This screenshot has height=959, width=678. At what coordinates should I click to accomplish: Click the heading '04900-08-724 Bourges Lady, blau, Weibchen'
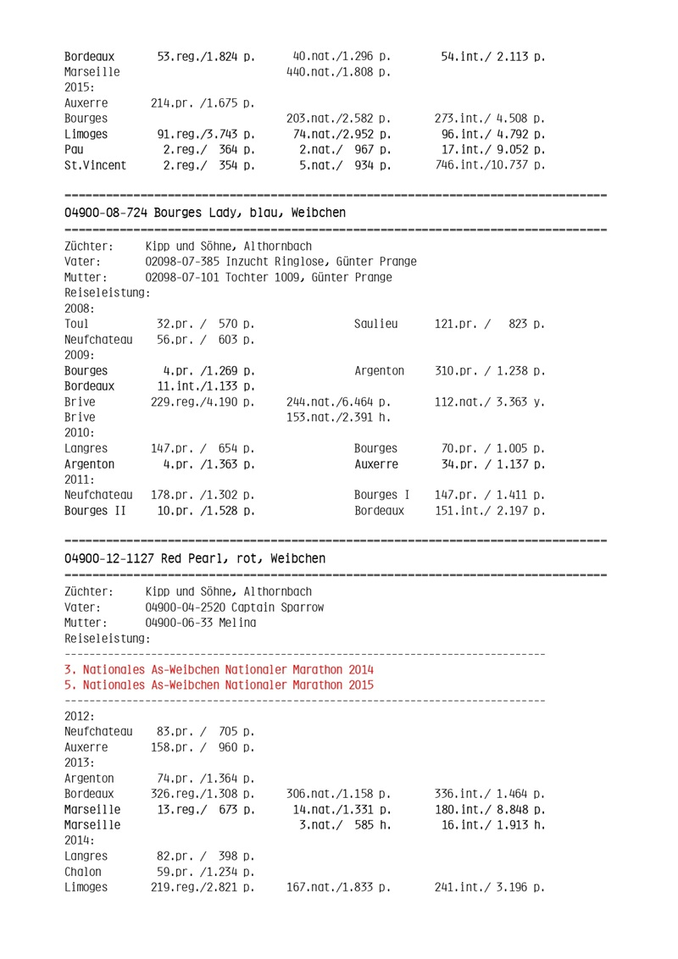[204, 213]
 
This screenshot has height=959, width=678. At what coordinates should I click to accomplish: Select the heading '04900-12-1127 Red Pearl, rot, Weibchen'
[194, 558]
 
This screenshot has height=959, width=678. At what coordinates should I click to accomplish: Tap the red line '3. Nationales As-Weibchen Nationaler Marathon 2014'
[218, 669]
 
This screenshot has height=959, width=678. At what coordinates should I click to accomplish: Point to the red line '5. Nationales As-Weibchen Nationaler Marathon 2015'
[218, 685]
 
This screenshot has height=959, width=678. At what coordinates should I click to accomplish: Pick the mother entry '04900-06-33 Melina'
[200, 623]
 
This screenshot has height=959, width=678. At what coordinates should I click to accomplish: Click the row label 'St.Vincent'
[95, 165]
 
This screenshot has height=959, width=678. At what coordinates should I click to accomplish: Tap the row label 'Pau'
[75, 150]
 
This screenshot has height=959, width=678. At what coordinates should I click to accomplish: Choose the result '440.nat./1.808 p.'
[338, 72]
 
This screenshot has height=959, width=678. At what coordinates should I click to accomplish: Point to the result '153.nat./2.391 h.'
[338, 418]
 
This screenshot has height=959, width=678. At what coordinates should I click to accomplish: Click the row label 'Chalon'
[82, 872]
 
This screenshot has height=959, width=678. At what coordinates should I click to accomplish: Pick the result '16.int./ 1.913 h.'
[492, 825]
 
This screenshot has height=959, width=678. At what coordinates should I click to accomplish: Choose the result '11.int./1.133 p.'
[206, 386]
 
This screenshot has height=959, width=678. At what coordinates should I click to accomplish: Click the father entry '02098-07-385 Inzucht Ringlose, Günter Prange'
[281, 262]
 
